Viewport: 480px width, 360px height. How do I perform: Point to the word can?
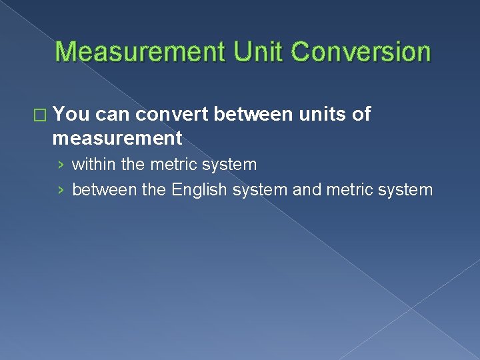point(117,115)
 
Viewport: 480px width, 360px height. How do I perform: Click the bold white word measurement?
point(117,138)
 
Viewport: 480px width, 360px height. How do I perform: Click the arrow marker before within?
point(61,165)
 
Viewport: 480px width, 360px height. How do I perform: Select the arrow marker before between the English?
point(61,191)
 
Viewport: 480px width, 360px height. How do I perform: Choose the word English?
point(199,190)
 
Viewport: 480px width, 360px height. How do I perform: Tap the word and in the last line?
point(307,190)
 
